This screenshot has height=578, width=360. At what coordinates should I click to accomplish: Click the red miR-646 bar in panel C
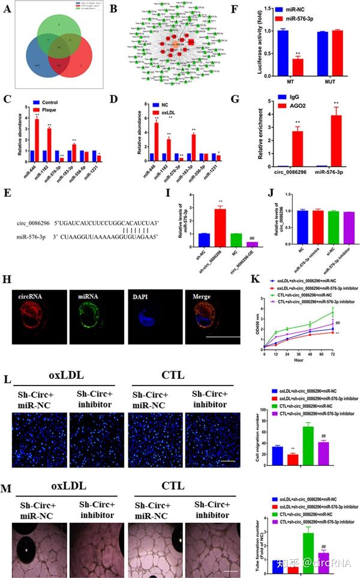pyautogui.click(x=36, y=140)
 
